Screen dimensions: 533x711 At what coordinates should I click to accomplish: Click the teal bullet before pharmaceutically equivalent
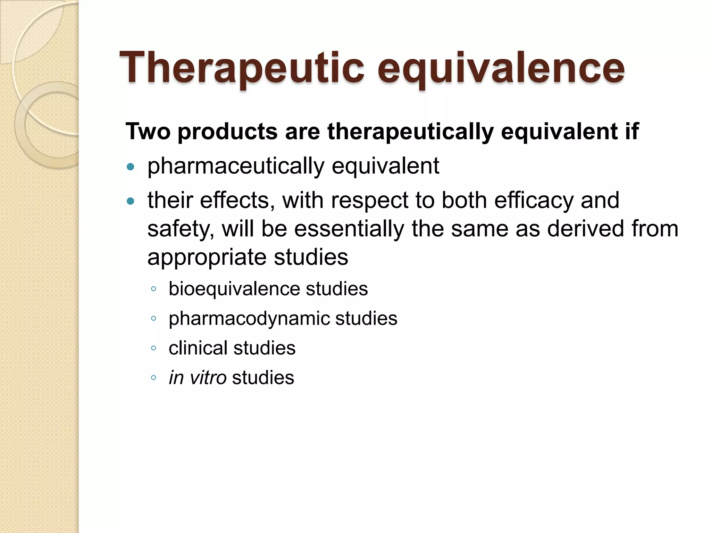(x=131, y=167)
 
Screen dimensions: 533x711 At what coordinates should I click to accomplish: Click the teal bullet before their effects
(x=131, y=201)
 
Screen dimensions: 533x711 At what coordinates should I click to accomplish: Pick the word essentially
(x=349, y=229)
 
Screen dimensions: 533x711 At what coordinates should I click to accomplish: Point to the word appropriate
(x=207, y=258)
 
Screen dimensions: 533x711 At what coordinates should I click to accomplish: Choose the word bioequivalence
(x=234, y=289)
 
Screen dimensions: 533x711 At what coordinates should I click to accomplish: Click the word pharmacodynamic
(x=249, y=319)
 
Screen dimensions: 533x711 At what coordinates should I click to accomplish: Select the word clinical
(x=198, y=348)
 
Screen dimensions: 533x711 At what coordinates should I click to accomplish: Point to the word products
(x=227, y=132)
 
